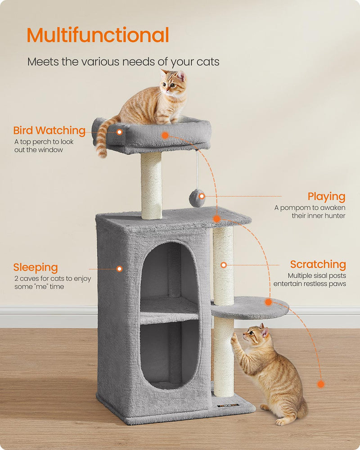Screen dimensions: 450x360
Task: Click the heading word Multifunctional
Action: [x=98, y=36]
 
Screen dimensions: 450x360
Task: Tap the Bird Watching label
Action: [x=49, y=130]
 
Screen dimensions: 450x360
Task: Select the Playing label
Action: [x=326, y=197]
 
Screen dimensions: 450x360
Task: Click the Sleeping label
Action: [x=36, y=268]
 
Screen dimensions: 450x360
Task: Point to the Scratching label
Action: [x=318, y=264]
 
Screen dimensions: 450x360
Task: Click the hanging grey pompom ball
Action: [x=196, y=198]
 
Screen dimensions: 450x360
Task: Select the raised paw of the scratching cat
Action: [x=234, y=336]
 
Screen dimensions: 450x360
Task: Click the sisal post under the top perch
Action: [x=151, y=184]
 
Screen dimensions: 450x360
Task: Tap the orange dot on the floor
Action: [x=320, y=384]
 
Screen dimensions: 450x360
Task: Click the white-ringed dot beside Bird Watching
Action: [x=119, y=132]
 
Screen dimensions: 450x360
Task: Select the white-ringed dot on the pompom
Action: [x=202, y=196]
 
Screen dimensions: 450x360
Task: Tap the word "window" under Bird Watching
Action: [x=51, y=149]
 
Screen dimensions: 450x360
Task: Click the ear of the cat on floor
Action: [x=265, y=332]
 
